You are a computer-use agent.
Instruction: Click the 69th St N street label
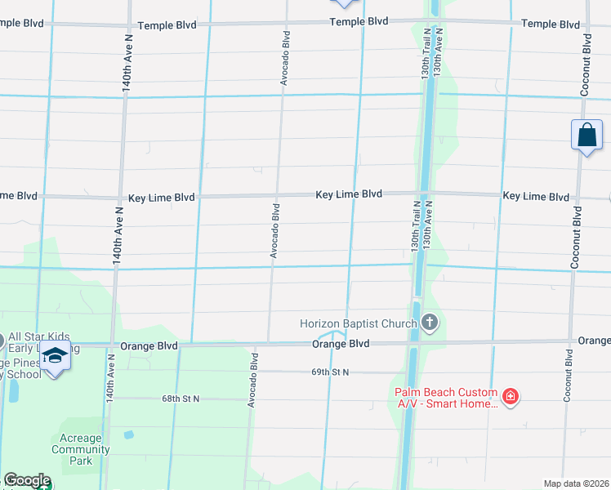coord(330,372)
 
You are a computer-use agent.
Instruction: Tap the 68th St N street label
coord(181,399)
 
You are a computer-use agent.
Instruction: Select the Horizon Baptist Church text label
coord(359,324)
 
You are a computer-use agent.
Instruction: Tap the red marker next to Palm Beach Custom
coord(511,397)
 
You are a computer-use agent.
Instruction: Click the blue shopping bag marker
coord(587,136)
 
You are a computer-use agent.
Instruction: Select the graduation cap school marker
coord(56,357)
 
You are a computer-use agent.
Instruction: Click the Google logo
coord(26,481)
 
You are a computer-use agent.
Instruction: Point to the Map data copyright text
coord(577,483)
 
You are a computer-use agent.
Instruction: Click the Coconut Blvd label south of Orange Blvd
coord(566,376)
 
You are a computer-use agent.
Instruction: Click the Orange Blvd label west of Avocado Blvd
coord(149,346)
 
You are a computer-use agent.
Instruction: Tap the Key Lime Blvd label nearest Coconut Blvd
coord(536,197)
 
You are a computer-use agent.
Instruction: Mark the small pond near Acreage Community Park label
coord(128,434)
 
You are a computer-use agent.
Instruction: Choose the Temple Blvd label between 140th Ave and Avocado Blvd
coord(167,25)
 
